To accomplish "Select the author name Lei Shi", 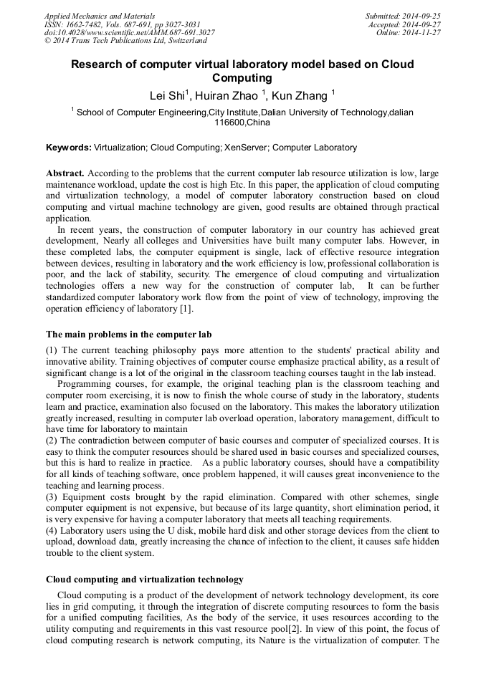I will tap(167, 95).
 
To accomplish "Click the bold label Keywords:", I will tap(69, 148).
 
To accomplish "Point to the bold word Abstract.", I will tap(65, 174).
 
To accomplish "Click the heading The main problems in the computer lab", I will tap(128, 335).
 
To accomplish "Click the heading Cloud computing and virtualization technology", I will tap(144, 580).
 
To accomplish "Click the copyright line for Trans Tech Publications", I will tap(125, 41).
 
